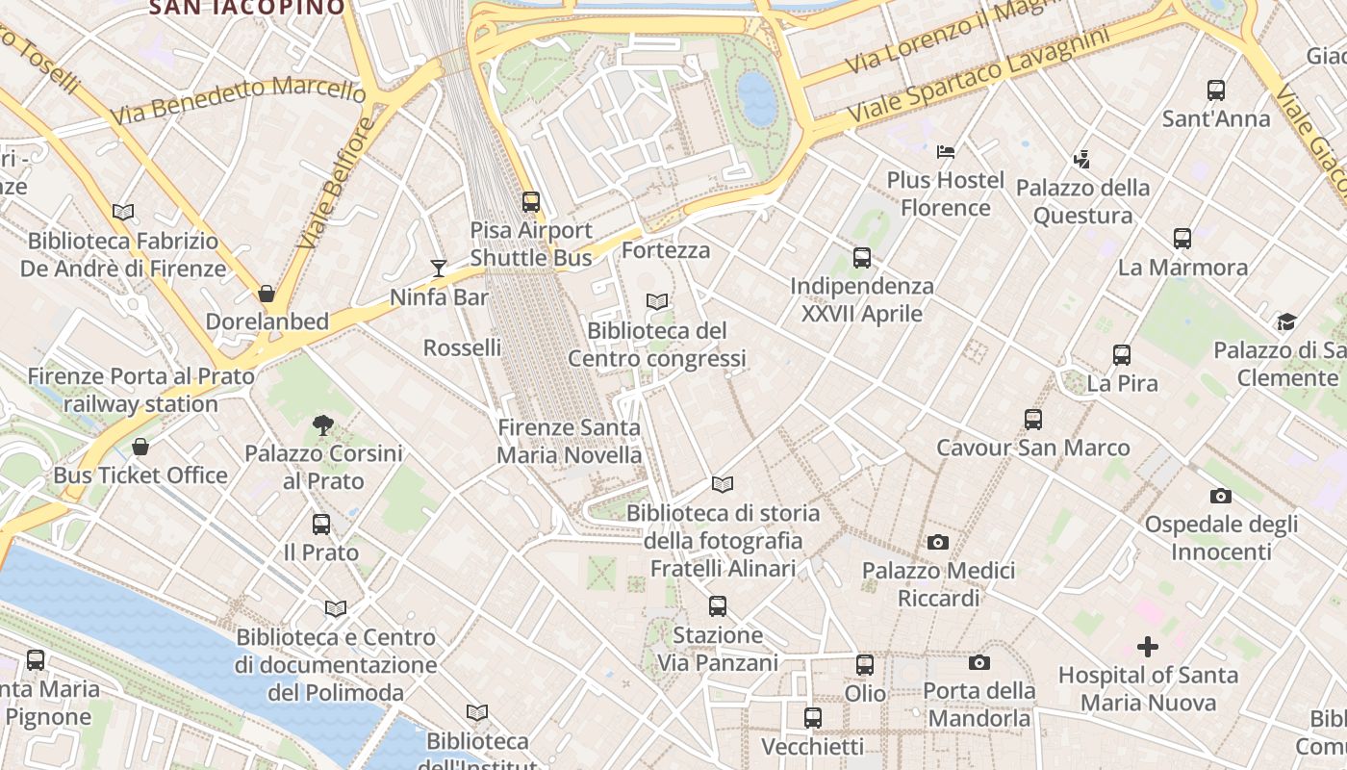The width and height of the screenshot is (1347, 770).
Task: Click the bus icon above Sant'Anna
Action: [1216, 90]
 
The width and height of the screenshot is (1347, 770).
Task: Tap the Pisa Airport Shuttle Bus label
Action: [531, 244]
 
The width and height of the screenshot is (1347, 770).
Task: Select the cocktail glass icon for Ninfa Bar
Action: [439, 268]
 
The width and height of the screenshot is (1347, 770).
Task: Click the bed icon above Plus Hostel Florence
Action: [946, 151]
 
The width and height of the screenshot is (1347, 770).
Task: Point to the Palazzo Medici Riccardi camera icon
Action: [938, 543]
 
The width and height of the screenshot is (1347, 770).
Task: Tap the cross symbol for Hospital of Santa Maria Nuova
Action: [1148, 647]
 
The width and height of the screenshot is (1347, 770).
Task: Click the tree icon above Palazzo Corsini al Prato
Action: [323, 424]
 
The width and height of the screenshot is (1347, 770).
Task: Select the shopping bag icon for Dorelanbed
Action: [267, 293]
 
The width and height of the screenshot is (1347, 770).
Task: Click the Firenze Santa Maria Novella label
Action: [570, 441]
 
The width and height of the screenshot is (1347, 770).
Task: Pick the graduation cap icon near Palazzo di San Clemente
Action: [1286, 321]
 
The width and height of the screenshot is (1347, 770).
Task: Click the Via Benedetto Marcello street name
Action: [238, 99]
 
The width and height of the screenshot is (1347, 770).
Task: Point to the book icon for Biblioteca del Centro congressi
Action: [657, 302]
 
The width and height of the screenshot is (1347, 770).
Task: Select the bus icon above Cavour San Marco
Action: [1033, 419]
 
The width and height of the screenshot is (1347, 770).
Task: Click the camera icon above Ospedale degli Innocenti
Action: [1221, 496]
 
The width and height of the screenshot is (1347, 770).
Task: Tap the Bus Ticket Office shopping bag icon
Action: [140, 447]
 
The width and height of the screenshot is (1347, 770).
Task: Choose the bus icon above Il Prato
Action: [321, 525]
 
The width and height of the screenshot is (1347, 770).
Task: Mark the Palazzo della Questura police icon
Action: [1082, 159]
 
